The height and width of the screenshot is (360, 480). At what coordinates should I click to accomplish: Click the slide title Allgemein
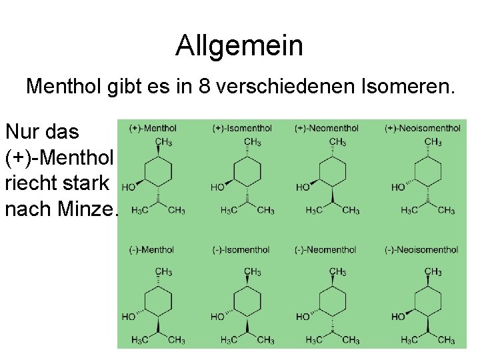(239, 46)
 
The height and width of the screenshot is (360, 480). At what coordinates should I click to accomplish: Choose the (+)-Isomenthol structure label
(242, 128)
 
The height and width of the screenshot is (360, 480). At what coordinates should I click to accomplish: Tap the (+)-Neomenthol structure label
(326, 128)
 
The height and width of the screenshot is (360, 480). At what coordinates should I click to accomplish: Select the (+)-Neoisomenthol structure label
(422, 128)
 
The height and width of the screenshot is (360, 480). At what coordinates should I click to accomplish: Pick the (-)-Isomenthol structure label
(241, 250)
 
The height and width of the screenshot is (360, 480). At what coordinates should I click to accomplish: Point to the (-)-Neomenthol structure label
(325, 250)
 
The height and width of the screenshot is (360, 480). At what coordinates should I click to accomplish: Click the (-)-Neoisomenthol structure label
(421, 250)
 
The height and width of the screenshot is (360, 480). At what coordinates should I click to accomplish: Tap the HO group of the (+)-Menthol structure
(129, 187)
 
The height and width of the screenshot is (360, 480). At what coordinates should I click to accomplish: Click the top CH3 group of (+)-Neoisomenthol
(433, 141)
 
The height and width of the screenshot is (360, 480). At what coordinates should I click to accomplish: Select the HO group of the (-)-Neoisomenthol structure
(398, 316)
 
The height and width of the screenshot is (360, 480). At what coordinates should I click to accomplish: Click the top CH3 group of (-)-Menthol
(163, 271)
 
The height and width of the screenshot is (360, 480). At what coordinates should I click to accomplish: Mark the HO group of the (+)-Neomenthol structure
(303, 187)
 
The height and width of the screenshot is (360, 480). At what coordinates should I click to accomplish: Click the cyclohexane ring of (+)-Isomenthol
(247, 171)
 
